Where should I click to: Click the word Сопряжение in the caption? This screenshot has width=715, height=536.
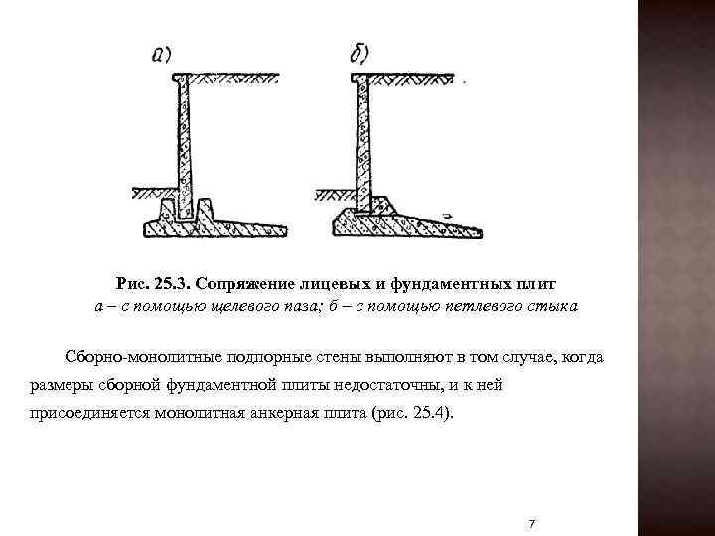coord(258,284)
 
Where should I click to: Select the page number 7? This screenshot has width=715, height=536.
coord(533,522)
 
